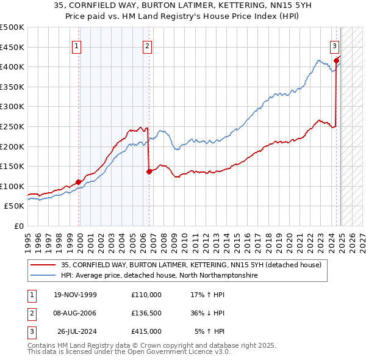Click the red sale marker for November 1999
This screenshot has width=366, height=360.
pyautogui.click(x=79, y=182)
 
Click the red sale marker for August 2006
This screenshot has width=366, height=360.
pyautogui.click(x=149, y=171)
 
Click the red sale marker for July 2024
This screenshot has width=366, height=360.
pyautogui.click(x=336, y=60)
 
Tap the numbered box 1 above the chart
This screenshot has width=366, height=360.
pyautogui.click(x=76, y=45)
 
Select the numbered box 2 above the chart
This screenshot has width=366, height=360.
pyautogui.click(x=147, y=45)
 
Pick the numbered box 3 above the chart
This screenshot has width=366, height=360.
pyautogui.click(x=335, y=45)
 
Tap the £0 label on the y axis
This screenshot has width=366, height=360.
pyautogui.click(x=18, y=226)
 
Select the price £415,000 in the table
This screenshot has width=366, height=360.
pyautogui.click(x=146, y=331)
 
